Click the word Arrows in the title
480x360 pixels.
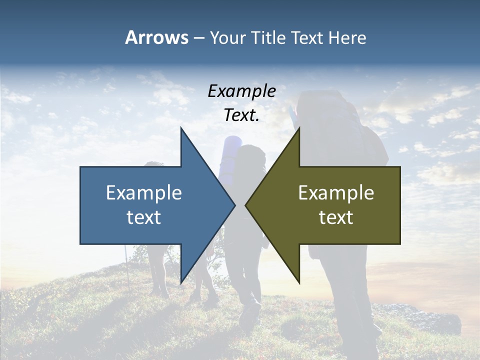point(156,37)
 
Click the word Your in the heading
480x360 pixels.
point(228,37)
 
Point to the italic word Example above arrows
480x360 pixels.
point(241,91)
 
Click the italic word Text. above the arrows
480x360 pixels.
point(241,115)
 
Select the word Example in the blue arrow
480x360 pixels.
point(144,192)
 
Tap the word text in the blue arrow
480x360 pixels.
point(144,217)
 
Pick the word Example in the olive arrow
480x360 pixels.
point(336,192)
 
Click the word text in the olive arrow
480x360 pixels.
point(336,217)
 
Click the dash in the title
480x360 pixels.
point(198,38)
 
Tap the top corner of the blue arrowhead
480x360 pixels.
point(181,128)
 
